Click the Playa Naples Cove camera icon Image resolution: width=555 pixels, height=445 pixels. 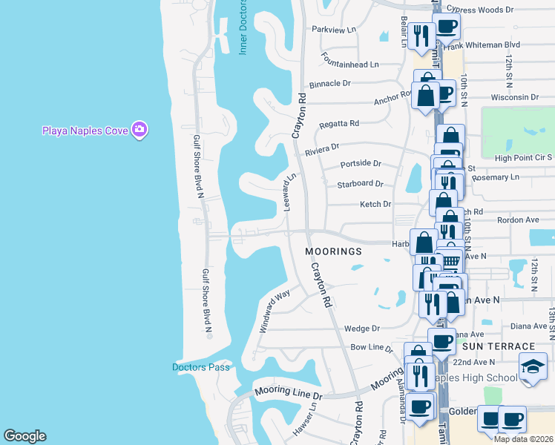pyautogui.click(x=139, y=130)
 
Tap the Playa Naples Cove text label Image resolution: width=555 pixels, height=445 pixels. pyautogui.click(x=84, y=131)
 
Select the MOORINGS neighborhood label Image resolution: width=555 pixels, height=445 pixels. pyautogui.click(x=334, y=251)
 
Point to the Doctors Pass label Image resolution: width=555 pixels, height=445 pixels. pyautogui.click(x=201, y=367)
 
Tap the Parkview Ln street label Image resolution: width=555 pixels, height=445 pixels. pyautogui.click(x=335, y=30)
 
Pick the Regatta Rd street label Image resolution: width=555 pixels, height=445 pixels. pyautogui.click(x=338, y=124)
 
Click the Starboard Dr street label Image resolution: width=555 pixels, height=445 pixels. pyautogui.click(x=360, y=184)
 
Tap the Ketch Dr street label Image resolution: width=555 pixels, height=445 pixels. pyautogui.click(x=375, y=204)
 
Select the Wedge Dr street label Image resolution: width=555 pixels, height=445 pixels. pyautogui.click(x=362, y=329)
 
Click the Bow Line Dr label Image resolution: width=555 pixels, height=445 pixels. pyautogui.click(x=372, y=347)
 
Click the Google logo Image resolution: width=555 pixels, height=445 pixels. pyautogui.click(x=24, y=436)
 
